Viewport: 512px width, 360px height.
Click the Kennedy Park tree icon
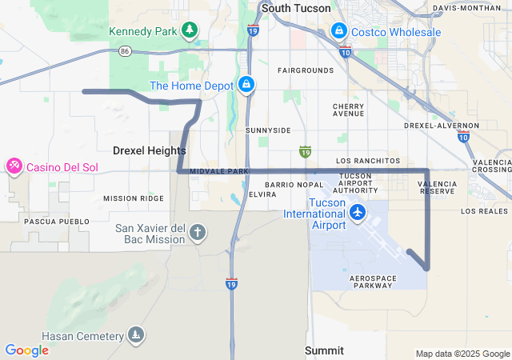pyautogui.click(x=190, y=31)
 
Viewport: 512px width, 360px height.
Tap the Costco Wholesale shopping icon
pyautogui.click(x=339, y=32)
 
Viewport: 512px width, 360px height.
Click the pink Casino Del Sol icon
pyautogui.click(x=14, y=166)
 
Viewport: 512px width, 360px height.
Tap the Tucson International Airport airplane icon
pyautogui.click(x=357, y=214)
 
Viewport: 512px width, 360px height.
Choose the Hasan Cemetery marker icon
pyautogui.click(x=137, y=334)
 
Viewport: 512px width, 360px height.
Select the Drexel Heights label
pyautogui.click(x=150, y=150)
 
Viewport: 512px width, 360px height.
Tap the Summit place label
pyautogui.click(x=324, y=350)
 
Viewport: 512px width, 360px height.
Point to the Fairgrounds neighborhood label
pyautogui.click(x=306, y=70)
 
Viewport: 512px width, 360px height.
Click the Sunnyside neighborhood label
pyautogui.click(x=268, y=130)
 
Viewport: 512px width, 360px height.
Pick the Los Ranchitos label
pyautogui.click(x=367, y=161)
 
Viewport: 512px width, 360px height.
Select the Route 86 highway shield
pyautogui.click(x=125, y=50)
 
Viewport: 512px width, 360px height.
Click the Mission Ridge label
pyautogui.click(x=133, y=198)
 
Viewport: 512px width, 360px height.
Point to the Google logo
pyautogui.click(x=26, y=350)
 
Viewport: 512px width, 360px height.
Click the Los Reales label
pyautogui.click(x=484, y=211)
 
